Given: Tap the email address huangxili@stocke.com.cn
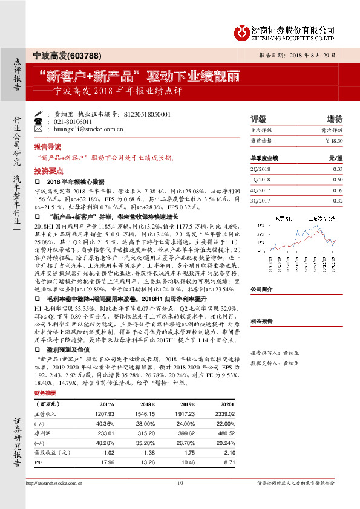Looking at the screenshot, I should point(80,129).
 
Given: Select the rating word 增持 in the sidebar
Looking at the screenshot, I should point(334,118).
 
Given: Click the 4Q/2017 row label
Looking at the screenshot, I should point(260,190).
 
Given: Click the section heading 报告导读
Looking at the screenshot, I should point(48,147).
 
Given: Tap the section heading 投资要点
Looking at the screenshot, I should point(48,171).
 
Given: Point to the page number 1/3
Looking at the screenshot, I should point(180,483).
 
